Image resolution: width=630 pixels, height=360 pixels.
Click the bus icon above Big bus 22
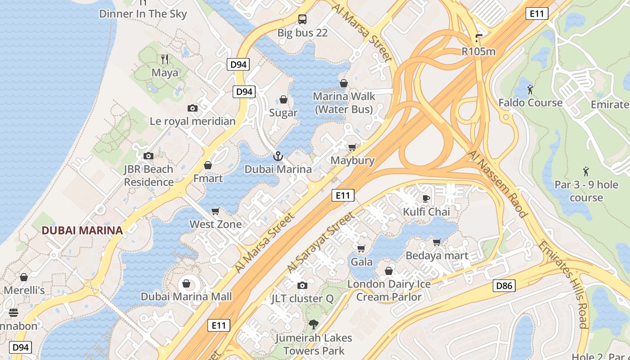pos(302,19)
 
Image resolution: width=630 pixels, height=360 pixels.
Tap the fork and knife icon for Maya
pos(165,59)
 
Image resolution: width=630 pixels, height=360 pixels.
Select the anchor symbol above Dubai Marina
pos(278,156)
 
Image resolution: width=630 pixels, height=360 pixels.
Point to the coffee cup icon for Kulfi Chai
pos(426,198)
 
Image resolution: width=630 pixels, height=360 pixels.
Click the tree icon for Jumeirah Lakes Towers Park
pos(314,324)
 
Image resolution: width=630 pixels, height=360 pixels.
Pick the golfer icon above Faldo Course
pos(530,90)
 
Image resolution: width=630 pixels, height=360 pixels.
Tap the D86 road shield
pos(504,285)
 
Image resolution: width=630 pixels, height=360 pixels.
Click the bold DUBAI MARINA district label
pos(82,230)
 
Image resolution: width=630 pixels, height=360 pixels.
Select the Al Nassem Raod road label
pos(497,184)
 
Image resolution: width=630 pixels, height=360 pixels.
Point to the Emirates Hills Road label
pos(563,284)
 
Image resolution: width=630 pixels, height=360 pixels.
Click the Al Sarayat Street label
pos(320,243)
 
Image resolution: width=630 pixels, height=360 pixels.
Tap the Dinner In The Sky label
pos(143,13)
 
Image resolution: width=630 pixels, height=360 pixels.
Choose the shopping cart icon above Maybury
pos(352,148)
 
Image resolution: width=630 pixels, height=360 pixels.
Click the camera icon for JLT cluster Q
pos(302,285)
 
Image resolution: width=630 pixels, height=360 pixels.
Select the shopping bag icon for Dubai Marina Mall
pos(186,283)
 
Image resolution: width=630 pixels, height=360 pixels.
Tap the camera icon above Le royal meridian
pos(193,108)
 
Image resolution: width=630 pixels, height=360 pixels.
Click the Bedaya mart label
pos(437,256)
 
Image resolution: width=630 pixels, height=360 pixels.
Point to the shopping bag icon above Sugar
pos(283,99)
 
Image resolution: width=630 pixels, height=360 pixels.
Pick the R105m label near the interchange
pos(478,51)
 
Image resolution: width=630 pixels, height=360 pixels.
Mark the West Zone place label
pos(216,224)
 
